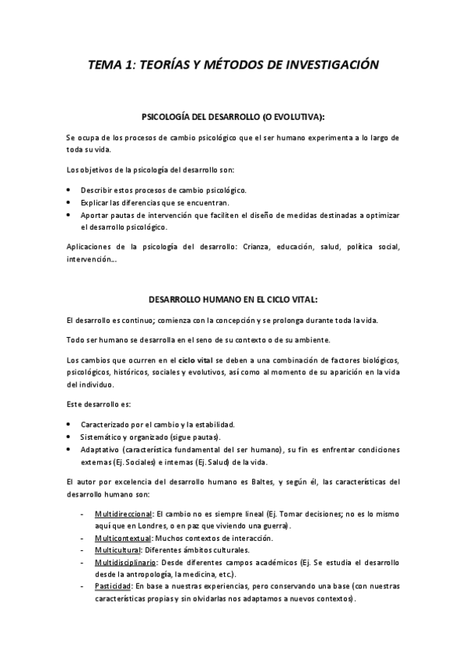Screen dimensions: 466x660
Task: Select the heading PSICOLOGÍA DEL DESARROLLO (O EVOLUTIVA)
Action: point(233,117)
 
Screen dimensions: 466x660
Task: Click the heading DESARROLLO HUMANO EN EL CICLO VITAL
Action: point(233,299)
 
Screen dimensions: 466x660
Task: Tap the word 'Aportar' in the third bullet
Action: point(95,215)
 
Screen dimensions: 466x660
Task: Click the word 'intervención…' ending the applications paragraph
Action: point(92,259)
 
